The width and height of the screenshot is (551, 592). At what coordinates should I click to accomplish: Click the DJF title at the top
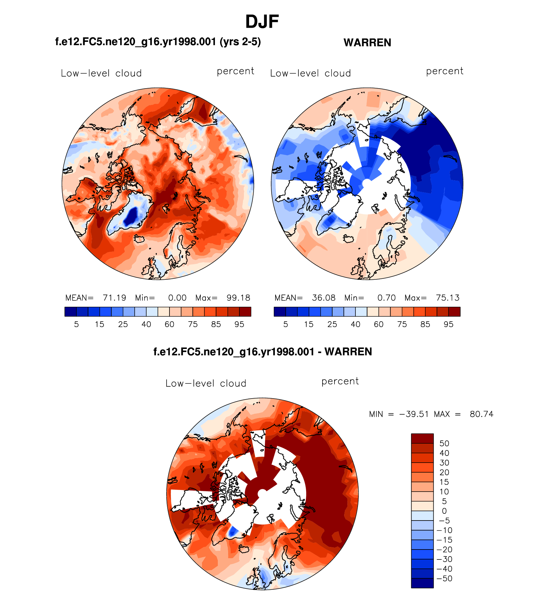coord(262,22)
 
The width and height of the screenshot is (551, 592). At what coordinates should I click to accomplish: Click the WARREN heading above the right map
coord(367,42)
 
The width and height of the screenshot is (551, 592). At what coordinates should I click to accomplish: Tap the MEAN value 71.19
coord(114,298)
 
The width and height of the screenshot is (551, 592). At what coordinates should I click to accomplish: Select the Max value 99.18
coord(238,298)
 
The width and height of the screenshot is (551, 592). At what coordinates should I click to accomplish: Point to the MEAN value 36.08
coord(324,298)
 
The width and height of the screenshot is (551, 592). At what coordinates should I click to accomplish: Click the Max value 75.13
coord(448,298)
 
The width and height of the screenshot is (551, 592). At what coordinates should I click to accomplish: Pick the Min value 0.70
coord(386,298)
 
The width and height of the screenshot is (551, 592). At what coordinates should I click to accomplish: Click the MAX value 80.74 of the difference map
coord(481,414)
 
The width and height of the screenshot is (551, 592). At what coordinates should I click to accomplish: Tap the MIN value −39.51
coord(414,414)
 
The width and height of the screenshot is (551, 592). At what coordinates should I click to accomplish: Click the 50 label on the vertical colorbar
coord(444,443)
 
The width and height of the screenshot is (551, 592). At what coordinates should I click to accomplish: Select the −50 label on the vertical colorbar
coord(444,578)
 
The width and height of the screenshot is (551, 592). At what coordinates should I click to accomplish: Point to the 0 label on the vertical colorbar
coord(444,511)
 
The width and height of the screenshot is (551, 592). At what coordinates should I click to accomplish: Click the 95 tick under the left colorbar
coord(239,324)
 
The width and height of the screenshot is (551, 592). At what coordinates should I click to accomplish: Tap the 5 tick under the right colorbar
coord(285,324)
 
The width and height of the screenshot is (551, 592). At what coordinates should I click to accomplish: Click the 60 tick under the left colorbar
coord(169,324)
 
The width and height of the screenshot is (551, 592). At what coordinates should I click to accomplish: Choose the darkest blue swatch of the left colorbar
coord(71,312)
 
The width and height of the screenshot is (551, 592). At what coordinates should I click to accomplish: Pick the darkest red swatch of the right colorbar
coord(454,312)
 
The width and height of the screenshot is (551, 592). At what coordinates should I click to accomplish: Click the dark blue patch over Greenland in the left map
coord(131,216)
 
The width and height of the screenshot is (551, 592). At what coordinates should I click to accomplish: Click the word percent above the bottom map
coord(340,381)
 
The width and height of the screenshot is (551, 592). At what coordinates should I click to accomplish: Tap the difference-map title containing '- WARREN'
coord(263,352)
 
